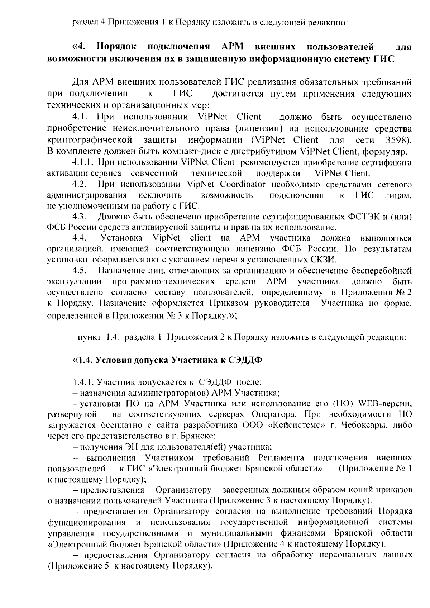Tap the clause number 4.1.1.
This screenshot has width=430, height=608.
tap(83, 163)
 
